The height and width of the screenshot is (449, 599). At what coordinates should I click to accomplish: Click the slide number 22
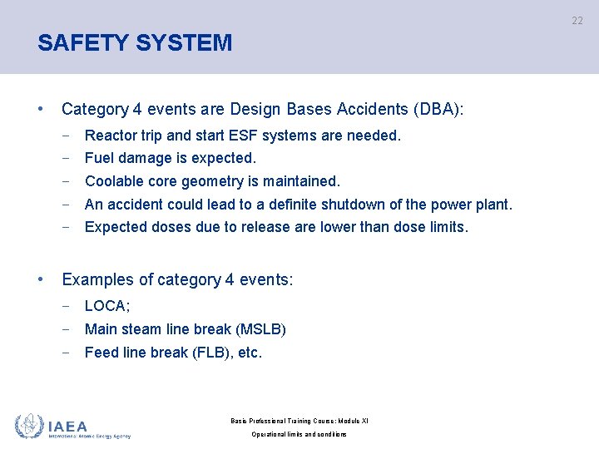[577, 21]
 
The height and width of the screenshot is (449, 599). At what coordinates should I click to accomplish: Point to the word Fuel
[100, 158]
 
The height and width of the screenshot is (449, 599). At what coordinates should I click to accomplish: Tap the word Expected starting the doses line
[116, 227]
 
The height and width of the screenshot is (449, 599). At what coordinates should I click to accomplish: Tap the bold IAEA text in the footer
[67, 425]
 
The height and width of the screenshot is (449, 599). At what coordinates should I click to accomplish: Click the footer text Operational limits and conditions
[299, 435]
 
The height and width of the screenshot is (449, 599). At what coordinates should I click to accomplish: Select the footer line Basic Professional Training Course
[299, 421]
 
